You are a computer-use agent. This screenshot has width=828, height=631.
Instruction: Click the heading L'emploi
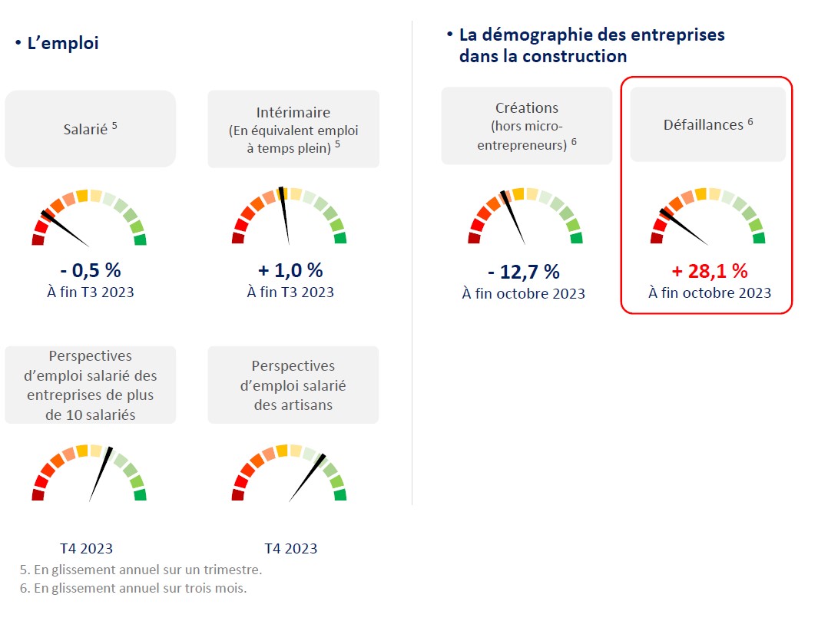[62, 44]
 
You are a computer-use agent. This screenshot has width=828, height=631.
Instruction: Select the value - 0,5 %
[90, 270]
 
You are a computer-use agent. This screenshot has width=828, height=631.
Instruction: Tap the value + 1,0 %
[290, 270]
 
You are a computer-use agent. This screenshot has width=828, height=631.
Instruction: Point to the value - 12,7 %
[523, 271]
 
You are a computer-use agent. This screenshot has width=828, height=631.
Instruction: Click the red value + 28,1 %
[709, 271]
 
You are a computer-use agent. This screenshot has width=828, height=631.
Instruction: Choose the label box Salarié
[90, 129]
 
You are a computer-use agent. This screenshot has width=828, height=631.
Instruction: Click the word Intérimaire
[293, 113]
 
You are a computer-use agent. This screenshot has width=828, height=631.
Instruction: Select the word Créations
[526, 108]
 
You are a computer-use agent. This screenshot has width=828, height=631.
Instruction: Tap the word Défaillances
[703, 124]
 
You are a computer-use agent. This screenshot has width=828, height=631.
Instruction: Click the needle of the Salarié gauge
[65, 228]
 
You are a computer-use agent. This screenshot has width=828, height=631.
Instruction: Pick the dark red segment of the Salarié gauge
[38, 240]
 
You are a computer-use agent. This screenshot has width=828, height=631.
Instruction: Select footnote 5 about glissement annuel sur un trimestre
[141, 570]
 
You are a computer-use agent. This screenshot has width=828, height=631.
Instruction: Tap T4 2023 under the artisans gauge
[290, 548]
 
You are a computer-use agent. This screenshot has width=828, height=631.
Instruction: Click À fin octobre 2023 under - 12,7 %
[523, 293]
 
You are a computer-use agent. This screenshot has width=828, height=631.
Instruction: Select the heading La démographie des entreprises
[591, 35]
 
